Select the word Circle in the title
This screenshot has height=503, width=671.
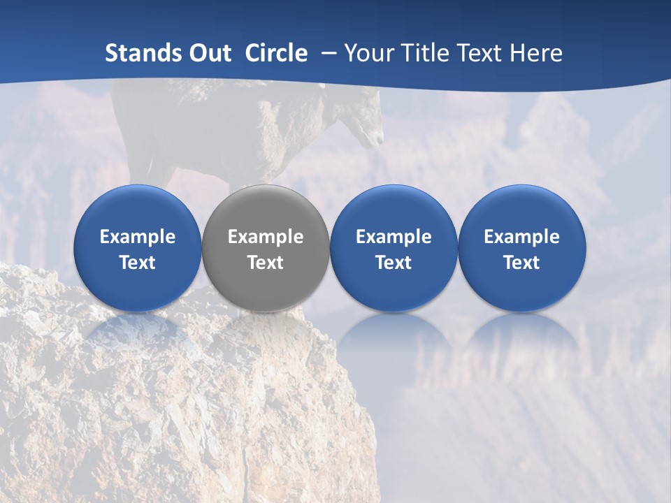(276, 53)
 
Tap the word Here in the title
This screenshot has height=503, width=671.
(535, 53)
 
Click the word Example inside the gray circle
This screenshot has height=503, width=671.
(266, 237)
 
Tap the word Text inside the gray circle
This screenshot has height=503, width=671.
(266, 263)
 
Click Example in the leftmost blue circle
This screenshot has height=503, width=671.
(138, 237)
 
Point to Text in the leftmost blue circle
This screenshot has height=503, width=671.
(138, 263)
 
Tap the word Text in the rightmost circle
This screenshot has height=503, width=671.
(522, 263)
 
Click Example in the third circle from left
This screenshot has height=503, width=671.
(394, 237)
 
